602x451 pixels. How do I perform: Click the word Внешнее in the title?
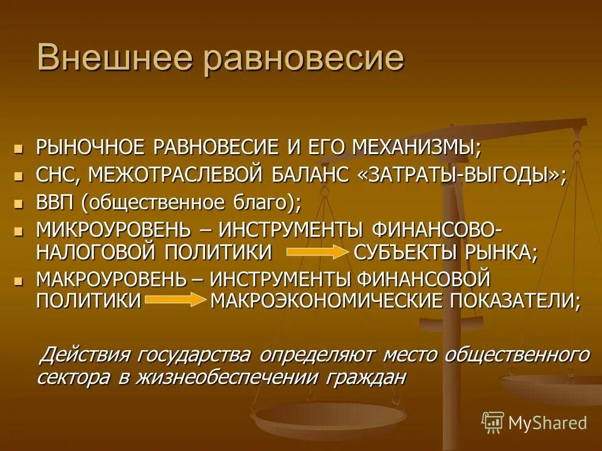114,59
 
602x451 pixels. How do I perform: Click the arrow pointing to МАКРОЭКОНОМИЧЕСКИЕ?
175,300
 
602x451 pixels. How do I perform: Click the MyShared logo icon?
492,423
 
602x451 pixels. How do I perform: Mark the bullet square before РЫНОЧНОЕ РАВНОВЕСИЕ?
19,148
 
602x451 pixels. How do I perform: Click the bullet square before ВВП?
19,204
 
